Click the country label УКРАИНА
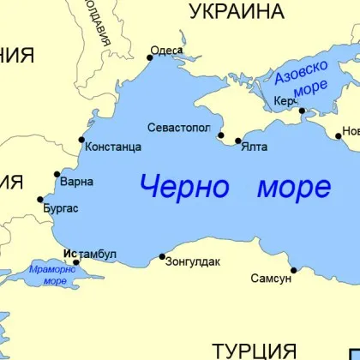(236, 11)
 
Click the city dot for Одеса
(150, 57)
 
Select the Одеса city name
(166, 51)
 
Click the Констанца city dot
(81, 140)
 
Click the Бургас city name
(62, 208)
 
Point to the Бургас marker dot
(40, 200)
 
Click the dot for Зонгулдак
(163, 255)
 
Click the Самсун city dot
(293, 271)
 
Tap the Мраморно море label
(53, 274)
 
